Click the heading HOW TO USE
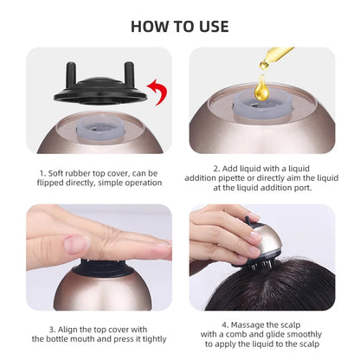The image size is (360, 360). (x=179, y=25)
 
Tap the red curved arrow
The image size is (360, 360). (x=157, y=87)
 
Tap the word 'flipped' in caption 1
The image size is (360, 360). (x=56, y=183)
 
